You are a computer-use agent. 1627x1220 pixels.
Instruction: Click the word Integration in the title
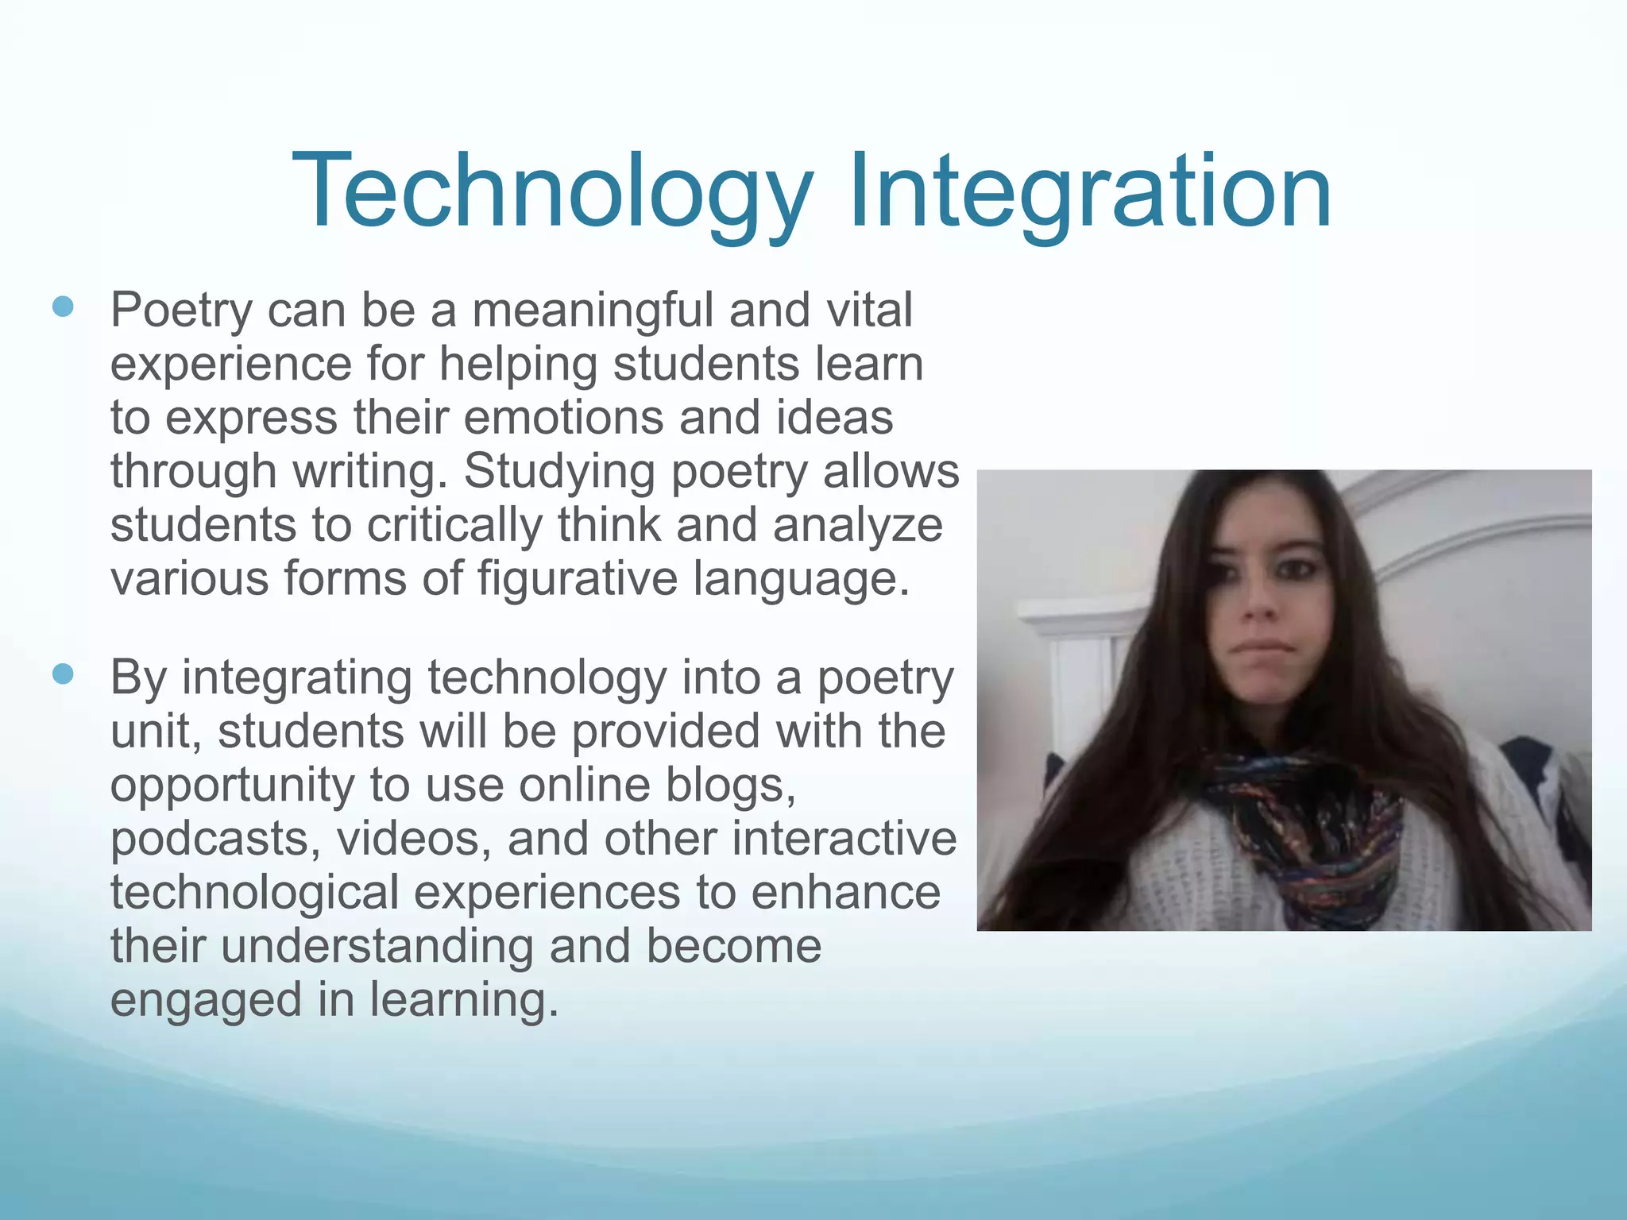[x=1089, y=193]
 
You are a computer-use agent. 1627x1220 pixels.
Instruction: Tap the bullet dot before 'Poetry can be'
[x=63, y=307]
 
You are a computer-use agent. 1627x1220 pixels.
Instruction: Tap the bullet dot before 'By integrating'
[x=63, y=675]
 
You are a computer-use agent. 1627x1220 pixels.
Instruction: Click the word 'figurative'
[x=578, y=579]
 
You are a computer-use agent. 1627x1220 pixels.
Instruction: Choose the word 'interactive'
[x=844, y=839]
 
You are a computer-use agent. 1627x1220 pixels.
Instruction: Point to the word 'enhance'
[x=845, y=892]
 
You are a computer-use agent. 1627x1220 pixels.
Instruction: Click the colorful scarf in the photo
[x=1303, y=826]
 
